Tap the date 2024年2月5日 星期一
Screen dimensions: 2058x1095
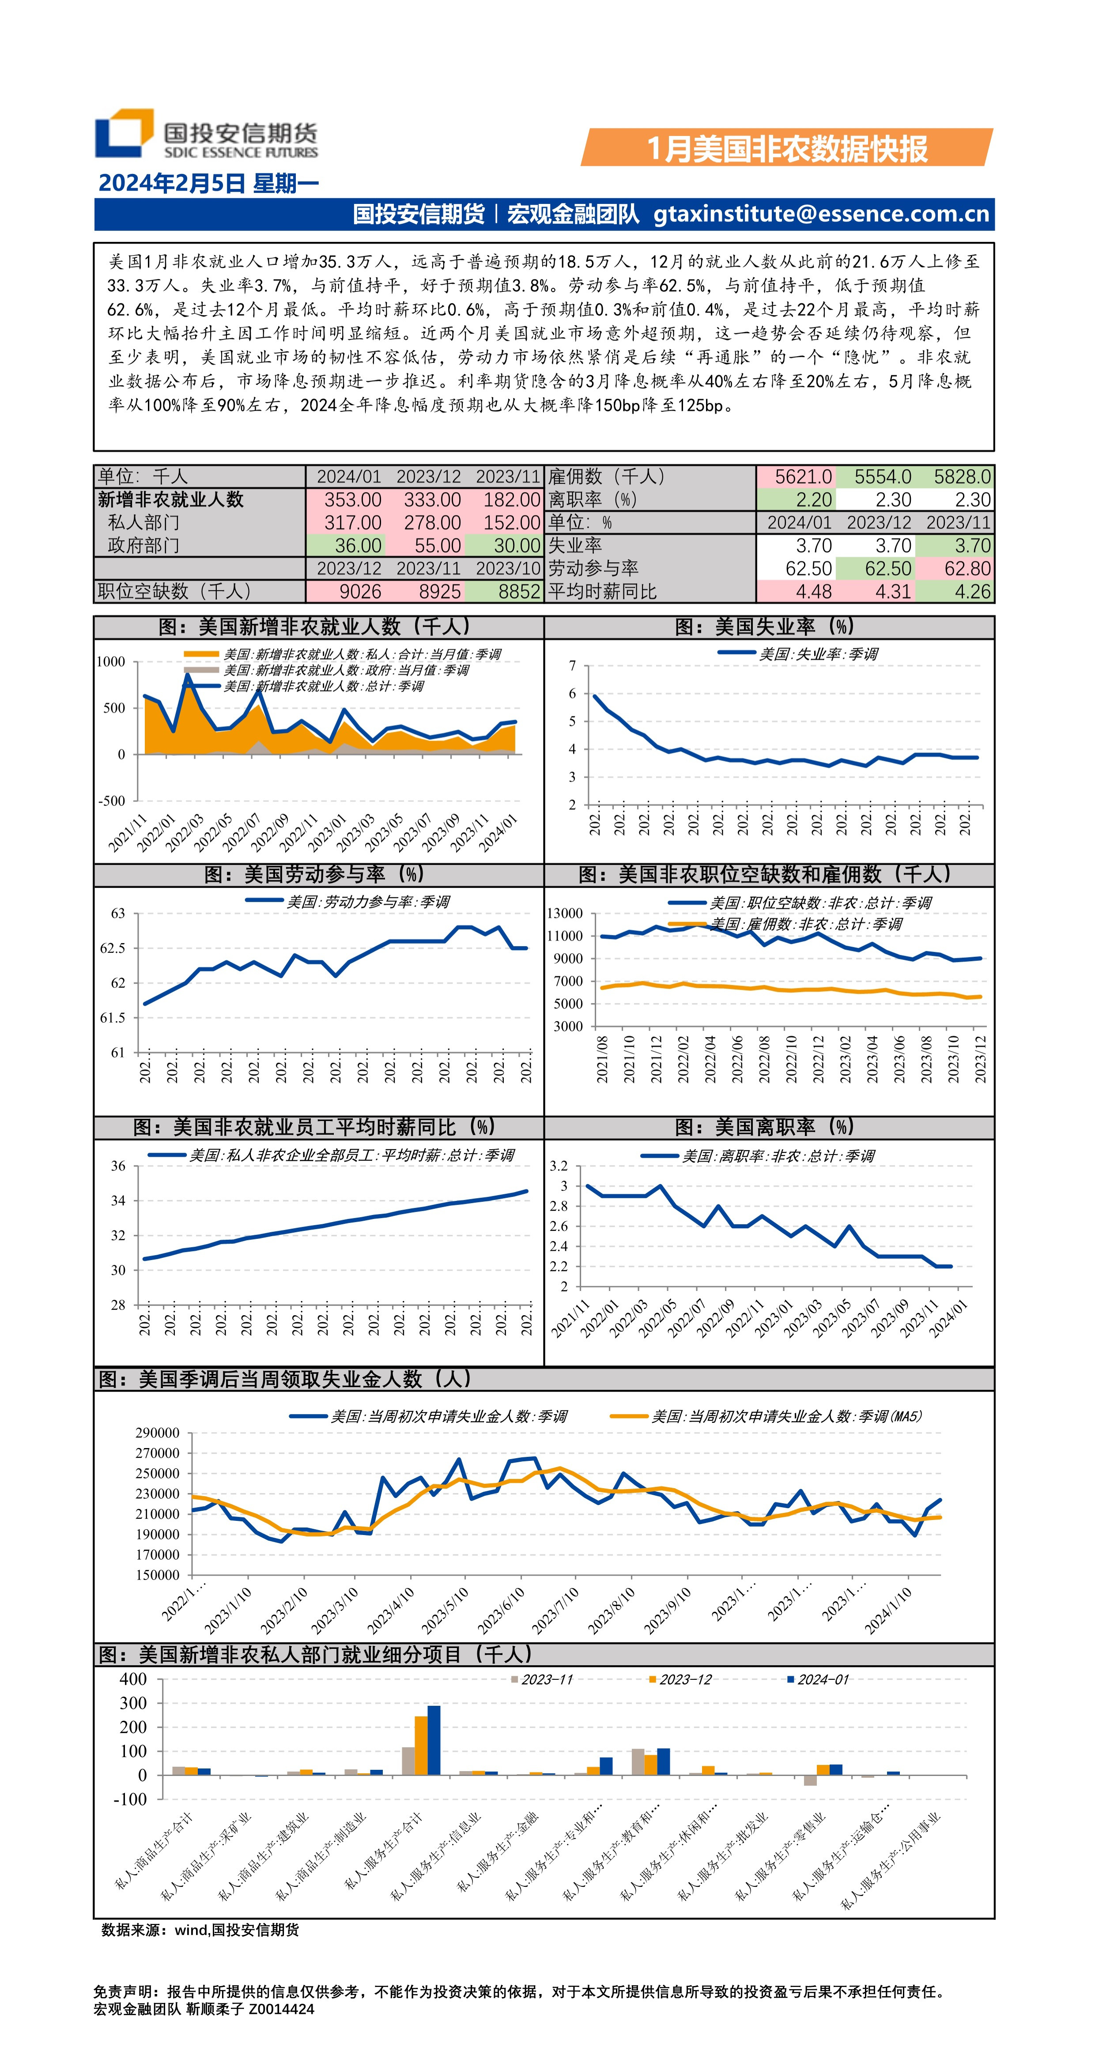tap(208, 184)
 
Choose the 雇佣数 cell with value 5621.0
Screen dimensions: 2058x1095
tap(802, 477)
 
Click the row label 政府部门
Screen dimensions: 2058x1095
tap(144, 546)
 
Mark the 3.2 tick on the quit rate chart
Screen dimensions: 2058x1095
tap(558, 1166)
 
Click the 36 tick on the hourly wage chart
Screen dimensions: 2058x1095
tap(118, 1166)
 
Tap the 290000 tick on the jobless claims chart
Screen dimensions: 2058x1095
tap(158, 1433)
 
